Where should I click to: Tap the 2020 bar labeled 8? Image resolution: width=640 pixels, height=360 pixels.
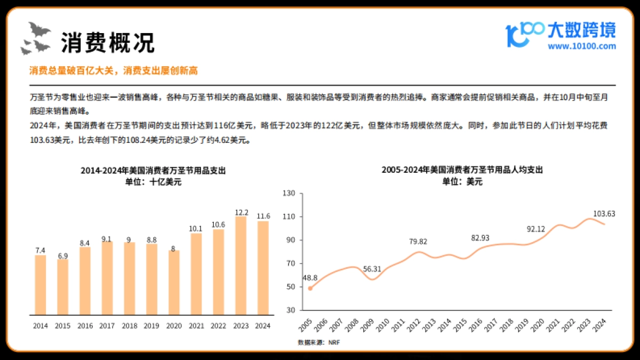click(x=174, y=282)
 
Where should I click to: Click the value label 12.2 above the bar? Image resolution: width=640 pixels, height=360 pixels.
click(x=241, y=212)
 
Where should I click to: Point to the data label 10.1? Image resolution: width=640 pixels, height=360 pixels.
click(x=196, y=229)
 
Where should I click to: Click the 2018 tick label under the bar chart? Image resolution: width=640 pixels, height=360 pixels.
click(x=129, y=325)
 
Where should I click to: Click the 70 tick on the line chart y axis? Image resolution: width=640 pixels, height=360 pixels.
click(x=290, y=263)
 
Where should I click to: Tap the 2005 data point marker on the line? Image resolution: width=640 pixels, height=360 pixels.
click(x=310, y=288)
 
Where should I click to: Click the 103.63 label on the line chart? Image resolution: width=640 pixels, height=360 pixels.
click(x=604, y=214)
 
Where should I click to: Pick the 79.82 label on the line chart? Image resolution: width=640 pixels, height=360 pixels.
click(x=419, y=242)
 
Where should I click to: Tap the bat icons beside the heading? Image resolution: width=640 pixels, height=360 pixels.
click(x=35, y=39)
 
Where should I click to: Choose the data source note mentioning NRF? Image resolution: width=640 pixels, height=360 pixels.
click(x=318, y=342)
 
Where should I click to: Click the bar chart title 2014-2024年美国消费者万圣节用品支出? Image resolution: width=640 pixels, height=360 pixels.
click(x=153, y=171)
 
